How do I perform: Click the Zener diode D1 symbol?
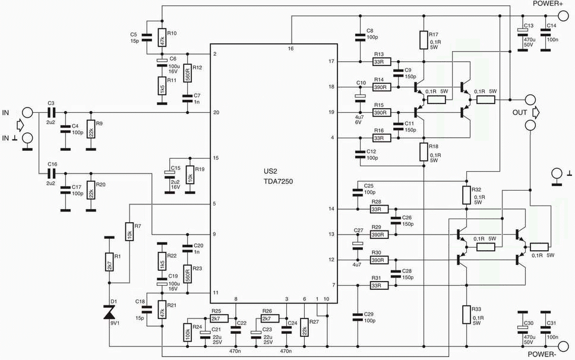(x=109, y=312)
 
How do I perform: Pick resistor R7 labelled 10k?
(x=129, y=231)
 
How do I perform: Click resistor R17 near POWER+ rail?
(x=424, y=40)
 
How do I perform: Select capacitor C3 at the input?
(x=51, y=112)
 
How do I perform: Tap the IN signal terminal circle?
(x=27, y=112)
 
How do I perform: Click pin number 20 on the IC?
(x=216, y=112)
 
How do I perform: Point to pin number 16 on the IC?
(x=291, y=48)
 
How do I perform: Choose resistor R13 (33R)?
(x=382, y=62)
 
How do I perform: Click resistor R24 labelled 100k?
(x=187, y=333)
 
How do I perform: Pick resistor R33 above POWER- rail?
(x=466, y=314)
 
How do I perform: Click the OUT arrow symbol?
(x=536, y=112)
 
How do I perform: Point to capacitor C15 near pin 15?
(x=169, y=175)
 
